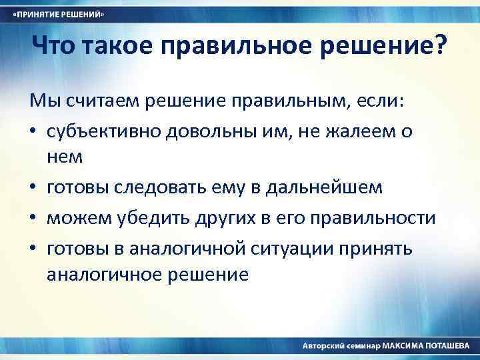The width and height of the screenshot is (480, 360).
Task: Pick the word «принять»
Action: pos(381,249)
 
